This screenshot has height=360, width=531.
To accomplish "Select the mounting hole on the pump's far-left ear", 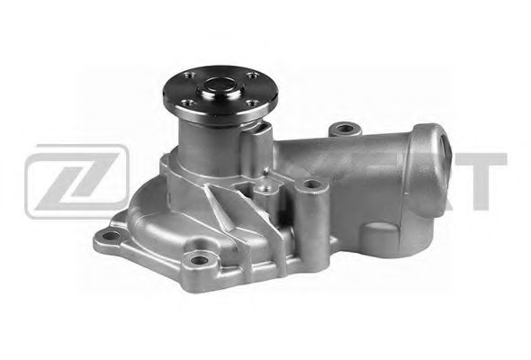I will point(111,238).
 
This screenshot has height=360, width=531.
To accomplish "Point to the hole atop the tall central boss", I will point(312,184).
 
